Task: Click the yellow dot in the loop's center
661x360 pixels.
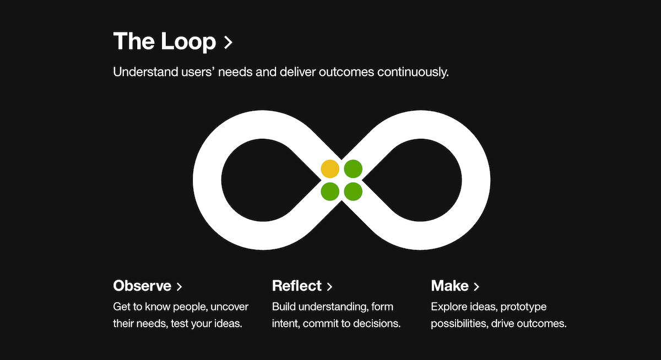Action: click(x=330, y=168)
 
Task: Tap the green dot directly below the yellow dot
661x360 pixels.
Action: click(x=330, y=192)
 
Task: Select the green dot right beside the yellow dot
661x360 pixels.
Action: click(x=353, y=168)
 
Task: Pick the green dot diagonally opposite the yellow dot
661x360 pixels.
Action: click(x=353, y=192)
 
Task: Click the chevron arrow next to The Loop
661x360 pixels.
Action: click(x=228, y=43)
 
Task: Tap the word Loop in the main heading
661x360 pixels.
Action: click(x=188, y=42)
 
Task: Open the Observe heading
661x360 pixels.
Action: click(x=142, y=286)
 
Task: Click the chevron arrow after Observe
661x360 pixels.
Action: click(x=179, y=287)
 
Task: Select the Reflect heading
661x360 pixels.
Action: click(x=296, y=286)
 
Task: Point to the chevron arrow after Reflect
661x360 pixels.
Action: click(x=329, y=287)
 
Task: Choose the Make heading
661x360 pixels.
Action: click(x=449, y=286)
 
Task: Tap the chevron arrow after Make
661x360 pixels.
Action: click(x=476, y=287)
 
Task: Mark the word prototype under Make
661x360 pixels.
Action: click(x=523, y=307)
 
